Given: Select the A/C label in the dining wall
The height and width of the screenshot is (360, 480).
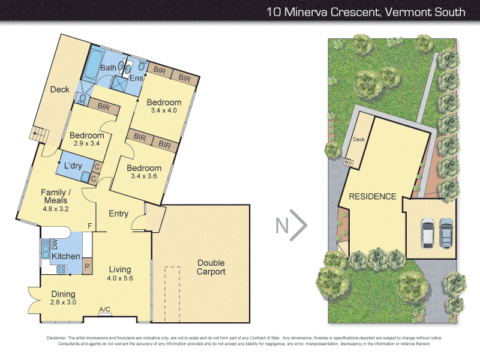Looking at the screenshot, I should tap(104, 310).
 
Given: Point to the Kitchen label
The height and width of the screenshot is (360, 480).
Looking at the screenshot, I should tap(65, 256).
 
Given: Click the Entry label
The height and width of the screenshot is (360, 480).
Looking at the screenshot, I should tap(119, 214).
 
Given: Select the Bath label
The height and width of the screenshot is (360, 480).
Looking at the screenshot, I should tap(109, 68).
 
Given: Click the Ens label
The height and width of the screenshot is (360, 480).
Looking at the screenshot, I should tap(136, 79).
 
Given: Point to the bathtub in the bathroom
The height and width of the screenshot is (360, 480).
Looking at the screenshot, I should tap(93, 64).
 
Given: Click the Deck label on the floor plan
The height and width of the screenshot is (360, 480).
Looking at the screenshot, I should tap(59, 89).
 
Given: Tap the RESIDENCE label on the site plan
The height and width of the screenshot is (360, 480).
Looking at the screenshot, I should tap(373, 196).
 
